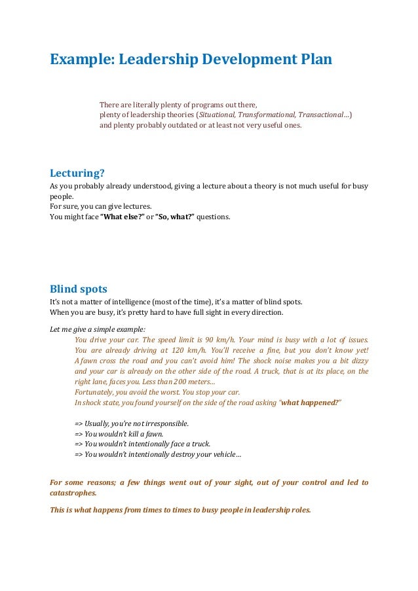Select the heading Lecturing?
pyautogui.click(x=77, y=173)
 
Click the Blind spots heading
pyautogui.click(x=79, y=289)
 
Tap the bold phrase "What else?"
pyautogui.click(x=122, y=217)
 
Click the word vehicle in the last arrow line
pyautogui.click(x=221, y=455)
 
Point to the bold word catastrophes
pyautogui.click(x=73, y=493)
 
